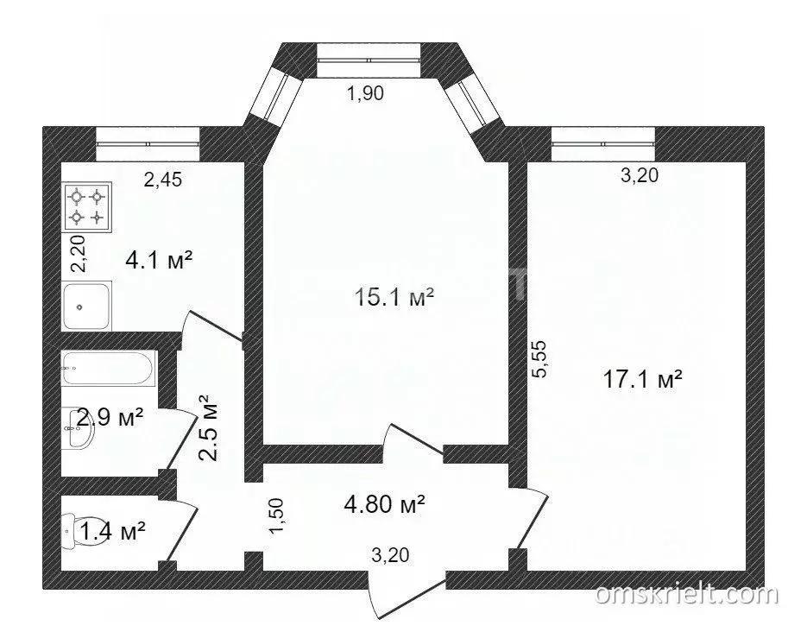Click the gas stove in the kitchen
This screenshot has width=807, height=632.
[x=86, y=207]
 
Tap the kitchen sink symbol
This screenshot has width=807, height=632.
[x=86, y=306]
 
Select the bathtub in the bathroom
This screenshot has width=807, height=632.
[x=107, y=370]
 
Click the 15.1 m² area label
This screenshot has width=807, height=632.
[x=394, y=299]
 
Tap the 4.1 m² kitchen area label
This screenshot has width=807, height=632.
[x=157, y=258]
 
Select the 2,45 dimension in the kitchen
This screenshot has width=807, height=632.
[x=164, y=180]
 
